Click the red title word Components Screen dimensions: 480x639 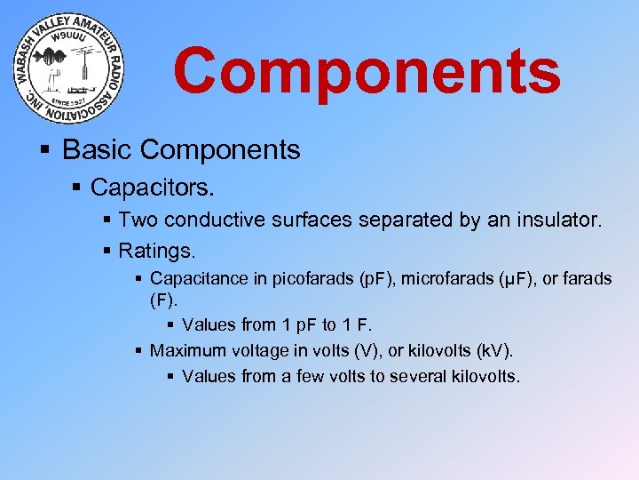[367, 71]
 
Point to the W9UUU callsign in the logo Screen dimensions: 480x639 [70, 37]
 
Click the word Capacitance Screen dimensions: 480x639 [199, 279]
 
